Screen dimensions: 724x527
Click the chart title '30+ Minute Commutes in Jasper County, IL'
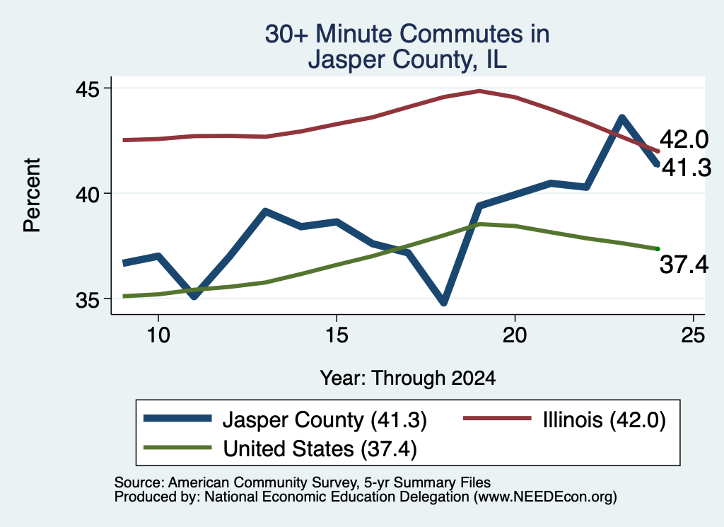coord(407,46)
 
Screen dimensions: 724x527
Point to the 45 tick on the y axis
coord(87,88)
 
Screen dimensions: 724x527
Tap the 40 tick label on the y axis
coord(87,194)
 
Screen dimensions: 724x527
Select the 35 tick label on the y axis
coord(87,299)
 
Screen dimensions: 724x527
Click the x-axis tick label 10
coord(158,335)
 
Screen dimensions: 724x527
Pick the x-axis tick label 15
coord(337,335)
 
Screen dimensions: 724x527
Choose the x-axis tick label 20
coord(515,335)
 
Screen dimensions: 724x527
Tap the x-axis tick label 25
coord(693,335)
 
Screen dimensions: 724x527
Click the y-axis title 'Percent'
coord(32,195)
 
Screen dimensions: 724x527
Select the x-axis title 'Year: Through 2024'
coord(408,378)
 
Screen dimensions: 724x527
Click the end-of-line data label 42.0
coord(684,139)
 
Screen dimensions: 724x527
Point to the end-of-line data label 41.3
coord(687,168)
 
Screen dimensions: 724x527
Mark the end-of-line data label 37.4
coord(684,265)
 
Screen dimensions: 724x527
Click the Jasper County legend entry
coord(285,419)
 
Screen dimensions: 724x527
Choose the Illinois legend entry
coord(564,419)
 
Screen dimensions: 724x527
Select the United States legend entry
coord(280,448)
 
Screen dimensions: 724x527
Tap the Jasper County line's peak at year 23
coord(622,118)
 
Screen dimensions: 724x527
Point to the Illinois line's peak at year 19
coord(480,91)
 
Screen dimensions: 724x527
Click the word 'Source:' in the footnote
coord(139,482)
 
